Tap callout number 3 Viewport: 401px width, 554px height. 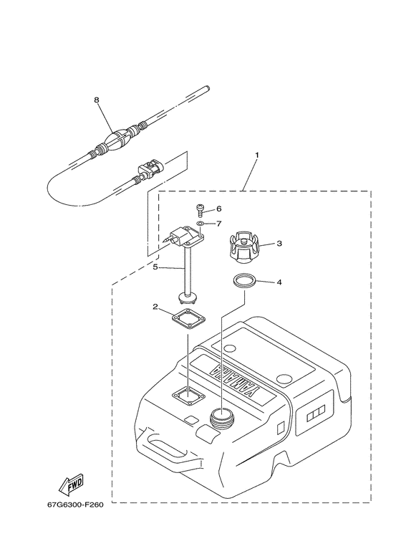(x=279, y=244)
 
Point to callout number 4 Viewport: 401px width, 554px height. (x=279, y=282)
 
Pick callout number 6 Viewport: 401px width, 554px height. (x=218, y=209)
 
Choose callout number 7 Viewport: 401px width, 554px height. (x=218, y=224)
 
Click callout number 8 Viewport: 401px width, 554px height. (x=96, y=101)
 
